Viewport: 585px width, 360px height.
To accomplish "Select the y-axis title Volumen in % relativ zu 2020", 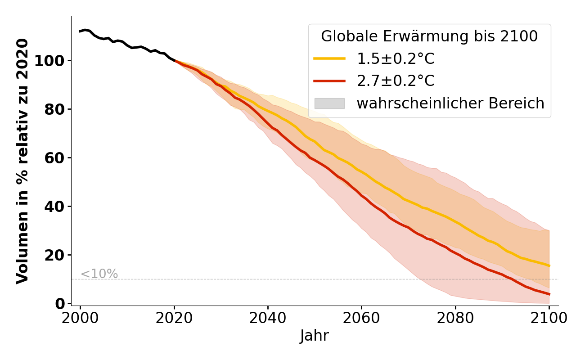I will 22,161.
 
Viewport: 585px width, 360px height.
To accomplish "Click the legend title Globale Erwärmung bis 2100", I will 429,36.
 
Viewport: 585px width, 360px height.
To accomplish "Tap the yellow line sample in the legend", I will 329,58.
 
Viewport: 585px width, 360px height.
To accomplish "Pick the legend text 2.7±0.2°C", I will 396,81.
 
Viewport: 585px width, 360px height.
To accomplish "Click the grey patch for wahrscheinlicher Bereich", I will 329,103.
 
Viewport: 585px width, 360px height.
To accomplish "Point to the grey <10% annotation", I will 99,274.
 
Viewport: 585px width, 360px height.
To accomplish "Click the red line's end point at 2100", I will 549,294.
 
